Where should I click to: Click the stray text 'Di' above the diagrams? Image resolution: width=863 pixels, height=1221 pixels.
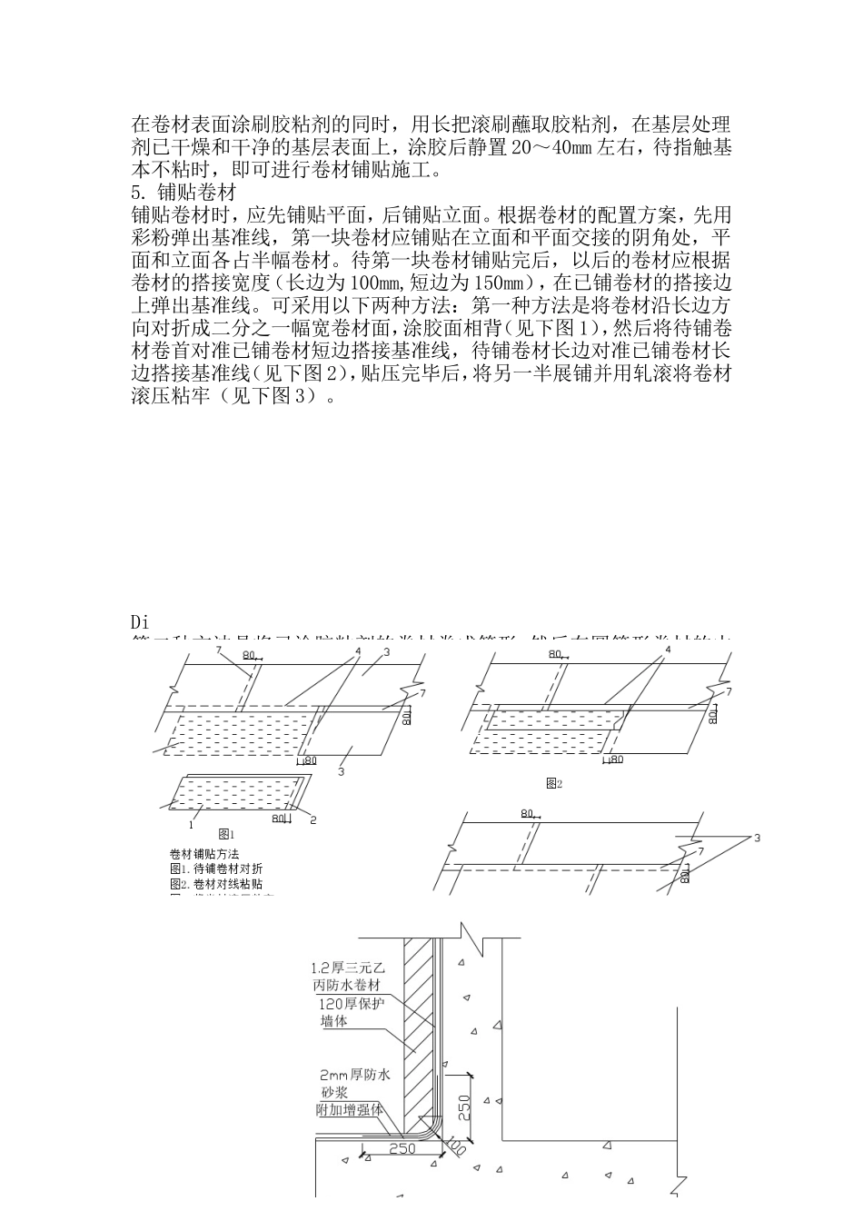coord(140,623)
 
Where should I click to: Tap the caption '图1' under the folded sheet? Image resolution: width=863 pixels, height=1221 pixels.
coord(227,832)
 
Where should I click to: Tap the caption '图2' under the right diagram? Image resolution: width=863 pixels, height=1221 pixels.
coord(554,782)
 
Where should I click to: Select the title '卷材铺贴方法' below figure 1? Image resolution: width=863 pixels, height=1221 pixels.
coord(204,854)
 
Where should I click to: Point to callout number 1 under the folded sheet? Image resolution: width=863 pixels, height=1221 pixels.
coord(191,825)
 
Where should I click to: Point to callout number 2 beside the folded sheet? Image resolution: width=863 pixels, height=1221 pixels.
coord(313,819)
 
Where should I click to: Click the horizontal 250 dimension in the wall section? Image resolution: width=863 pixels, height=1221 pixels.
coord(402,1148)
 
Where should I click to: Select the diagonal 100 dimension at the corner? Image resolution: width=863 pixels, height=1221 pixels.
coord(455,1147)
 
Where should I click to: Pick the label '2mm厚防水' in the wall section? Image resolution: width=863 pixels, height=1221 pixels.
coord(355,1075)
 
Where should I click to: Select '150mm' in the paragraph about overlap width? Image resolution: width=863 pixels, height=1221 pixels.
coord(501,283)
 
